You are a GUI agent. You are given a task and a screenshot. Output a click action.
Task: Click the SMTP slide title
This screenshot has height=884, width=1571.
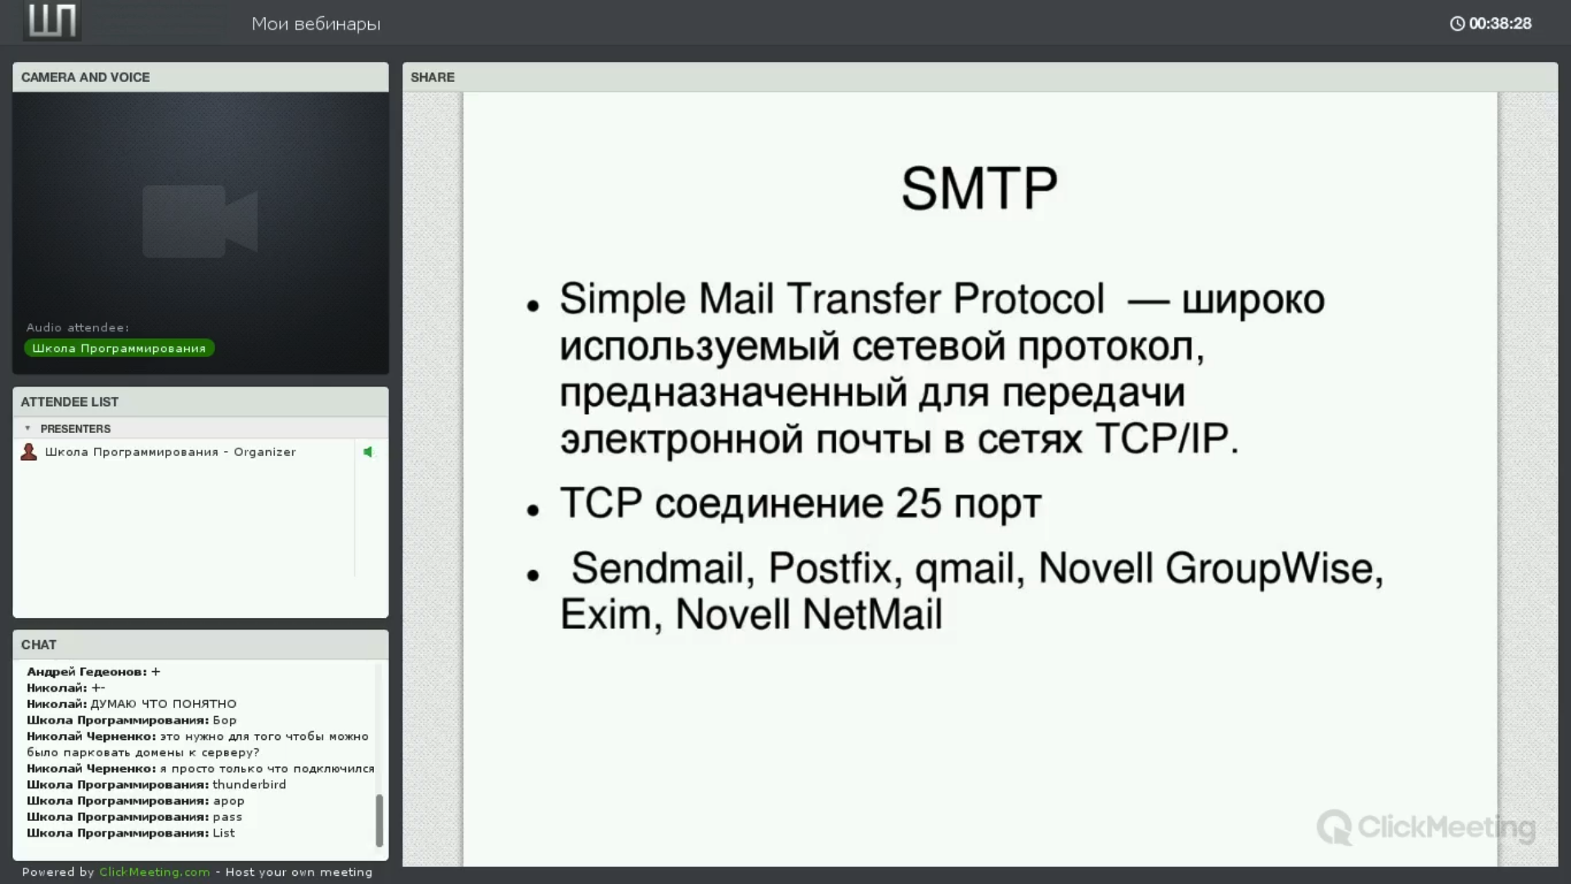click(x=979, y=188)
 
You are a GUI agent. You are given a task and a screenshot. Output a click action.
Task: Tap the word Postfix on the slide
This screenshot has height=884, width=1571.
click(x=829, y=568)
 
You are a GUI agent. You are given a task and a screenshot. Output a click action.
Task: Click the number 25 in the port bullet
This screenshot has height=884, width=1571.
click(x=918, y=503)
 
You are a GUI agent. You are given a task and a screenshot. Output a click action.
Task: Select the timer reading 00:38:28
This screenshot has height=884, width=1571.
click(x=1500, y=24)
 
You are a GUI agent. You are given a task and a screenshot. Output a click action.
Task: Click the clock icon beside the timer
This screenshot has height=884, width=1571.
click(x=1457, y=24)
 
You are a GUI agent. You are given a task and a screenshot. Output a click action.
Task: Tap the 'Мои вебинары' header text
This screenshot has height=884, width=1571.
click(x=316, y=24)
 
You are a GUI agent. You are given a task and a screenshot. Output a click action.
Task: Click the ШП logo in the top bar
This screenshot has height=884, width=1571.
click(x=52, y=20)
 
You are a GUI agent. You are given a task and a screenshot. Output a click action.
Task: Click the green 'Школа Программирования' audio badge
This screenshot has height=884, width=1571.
click(x=119, y=349)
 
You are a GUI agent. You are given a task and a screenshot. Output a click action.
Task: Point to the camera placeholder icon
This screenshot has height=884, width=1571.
click(x=200, y=221)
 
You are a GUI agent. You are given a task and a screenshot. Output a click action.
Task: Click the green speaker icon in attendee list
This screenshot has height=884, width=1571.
click(x=368, y=452)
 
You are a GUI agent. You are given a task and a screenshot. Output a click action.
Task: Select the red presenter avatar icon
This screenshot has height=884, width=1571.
click(x=29, y=452)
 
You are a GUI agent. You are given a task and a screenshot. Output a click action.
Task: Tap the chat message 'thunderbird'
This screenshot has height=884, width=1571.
click(x=250, y=784)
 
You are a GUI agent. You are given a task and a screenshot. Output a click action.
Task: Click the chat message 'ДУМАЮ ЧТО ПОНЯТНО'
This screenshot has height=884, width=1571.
click(x=164, y=704)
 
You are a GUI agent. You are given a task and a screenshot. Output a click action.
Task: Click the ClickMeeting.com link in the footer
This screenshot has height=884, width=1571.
click(x=155, y=872)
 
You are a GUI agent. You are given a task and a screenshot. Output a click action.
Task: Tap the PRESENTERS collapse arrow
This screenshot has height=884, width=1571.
click(x=28, y=428)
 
